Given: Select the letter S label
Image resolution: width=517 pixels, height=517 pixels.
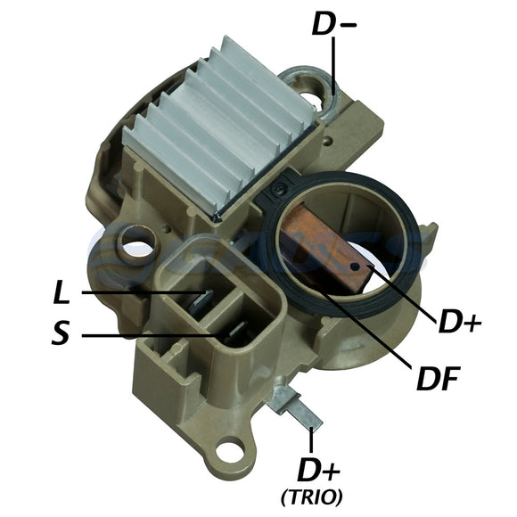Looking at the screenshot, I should click(61, 336).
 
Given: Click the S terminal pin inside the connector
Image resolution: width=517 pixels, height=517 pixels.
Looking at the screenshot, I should click(234, 333).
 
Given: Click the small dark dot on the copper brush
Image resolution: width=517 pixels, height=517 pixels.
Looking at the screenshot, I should click(357, 265).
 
